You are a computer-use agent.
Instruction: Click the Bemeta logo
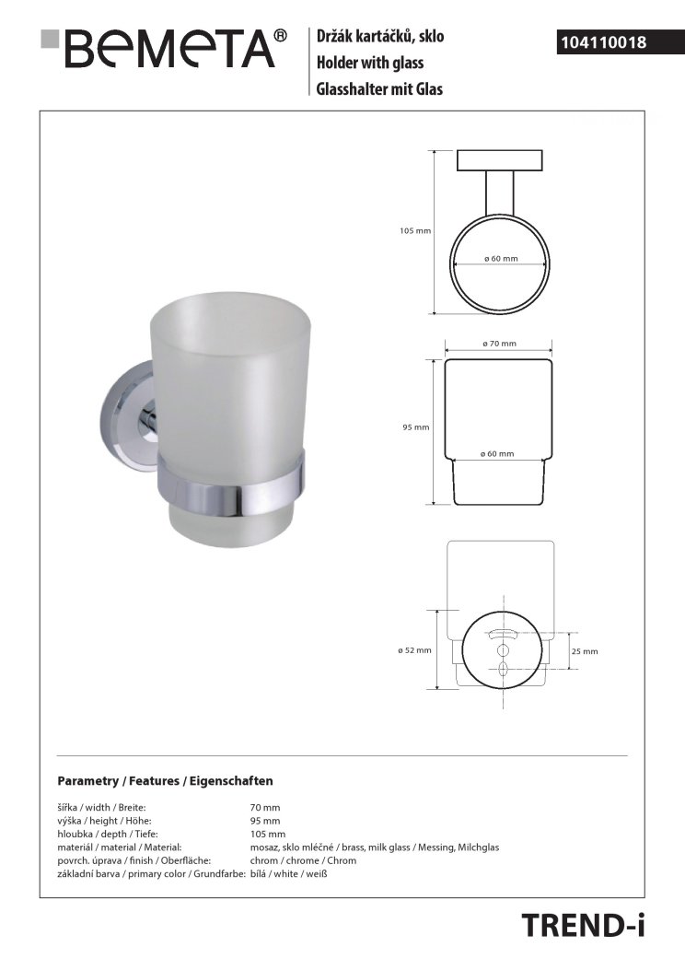pyautogui.click(x=164, y=48)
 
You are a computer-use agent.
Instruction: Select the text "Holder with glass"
pyautogui.click(x=370, y=63)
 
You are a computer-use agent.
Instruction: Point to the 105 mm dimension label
pyautogui.click(x=415, y=230)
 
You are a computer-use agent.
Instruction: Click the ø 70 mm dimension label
pyautogui.click(x=499, y=344)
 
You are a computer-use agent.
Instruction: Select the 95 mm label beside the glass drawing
pyautogui.click(x=416, y=427)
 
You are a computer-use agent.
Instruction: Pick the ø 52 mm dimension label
pyautogui.click(x=415, y=650)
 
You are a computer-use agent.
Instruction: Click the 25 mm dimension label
pyautogui.click(x=585, y=650)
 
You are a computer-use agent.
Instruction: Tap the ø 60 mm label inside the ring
pyautogui.click(x=501, y=259)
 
